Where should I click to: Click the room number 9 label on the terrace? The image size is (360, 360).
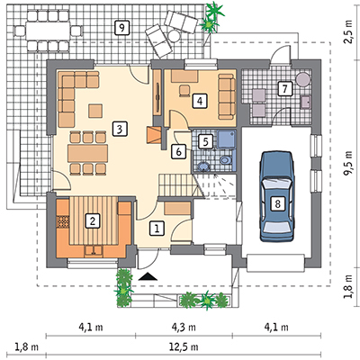121,28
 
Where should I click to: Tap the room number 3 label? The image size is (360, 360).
120,130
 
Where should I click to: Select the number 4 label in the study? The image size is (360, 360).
200,101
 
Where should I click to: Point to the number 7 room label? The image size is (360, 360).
284,88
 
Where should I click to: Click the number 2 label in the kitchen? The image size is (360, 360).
93,221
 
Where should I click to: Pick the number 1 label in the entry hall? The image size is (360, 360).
157,229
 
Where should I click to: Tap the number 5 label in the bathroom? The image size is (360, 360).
205,141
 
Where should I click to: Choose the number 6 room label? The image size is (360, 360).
178,151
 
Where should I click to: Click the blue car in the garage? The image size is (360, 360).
277,196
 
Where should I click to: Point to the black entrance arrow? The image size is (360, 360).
148,276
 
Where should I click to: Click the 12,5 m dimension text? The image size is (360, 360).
184,347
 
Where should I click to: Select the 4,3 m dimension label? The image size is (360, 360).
184,327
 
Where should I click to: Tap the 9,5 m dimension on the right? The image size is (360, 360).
348,164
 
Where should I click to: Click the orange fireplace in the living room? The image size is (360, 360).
154,135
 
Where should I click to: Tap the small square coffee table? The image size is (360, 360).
95,111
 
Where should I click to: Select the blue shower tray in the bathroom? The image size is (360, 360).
226,139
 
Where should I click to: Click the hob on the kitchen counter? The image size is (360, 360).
63,222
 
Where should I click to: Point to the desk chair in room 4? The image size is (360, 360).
184,91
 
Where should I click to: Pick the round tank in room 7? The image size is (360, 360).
303,79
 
